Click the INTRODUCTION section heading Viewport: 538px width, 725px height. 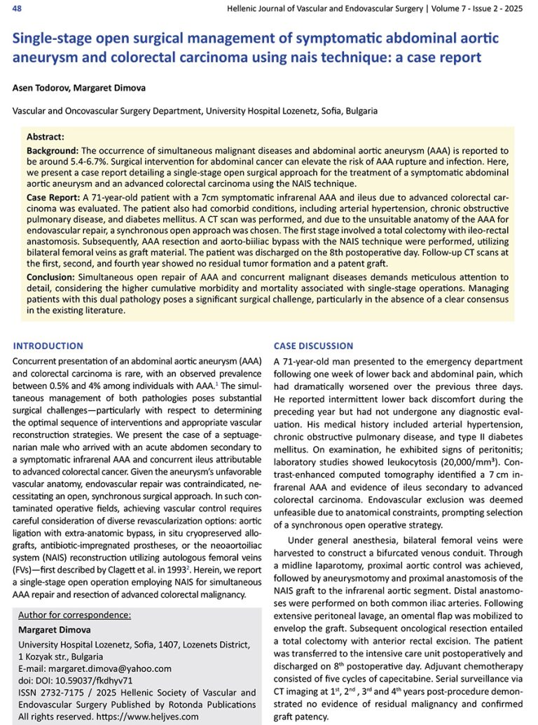pos(48,346)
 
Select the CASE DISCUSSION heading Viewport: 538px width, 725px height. pos(313,346)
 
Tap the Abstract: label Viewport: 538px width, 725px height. pos(46,137)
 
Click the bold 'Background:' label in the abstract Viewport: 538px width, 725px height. pos(53,150)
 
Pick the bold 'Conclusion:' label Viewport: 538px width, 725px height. pos(52,277)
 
